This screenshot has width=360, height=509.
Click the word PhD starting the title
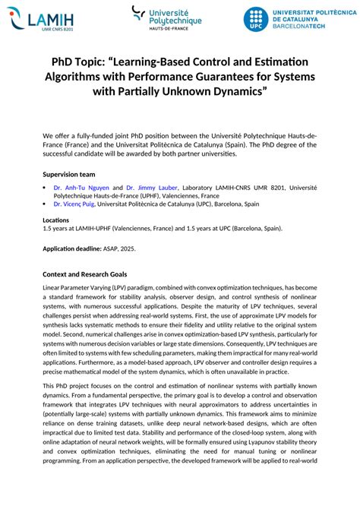(65, 62)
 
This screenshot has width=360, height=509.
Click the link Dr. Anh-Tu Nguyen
(81, 188)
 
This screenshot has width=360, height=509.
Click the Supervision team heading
(68, 174)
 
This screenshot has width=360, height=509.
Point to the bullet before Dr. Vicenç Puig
(45, 204)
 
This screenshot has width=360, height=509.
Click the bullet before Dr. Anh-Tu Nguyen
(45, 188)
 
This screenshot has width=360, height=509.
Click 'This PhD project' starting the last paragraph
(70, 386)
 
